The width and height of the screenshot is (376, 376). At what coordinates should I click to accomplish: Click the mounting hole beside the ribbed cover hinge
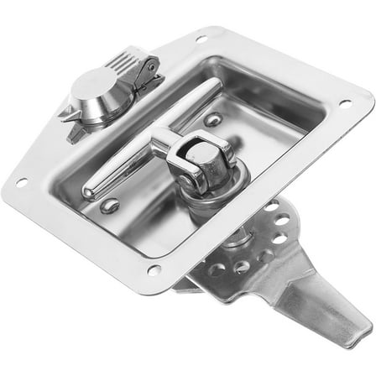(201, 39)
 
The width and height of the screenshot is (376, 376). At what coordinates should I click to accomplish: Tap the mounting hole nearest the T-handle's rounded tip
(21, 181)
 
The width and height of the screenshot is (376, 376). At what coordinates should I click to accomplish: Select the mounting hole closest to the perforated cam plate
(154, 269)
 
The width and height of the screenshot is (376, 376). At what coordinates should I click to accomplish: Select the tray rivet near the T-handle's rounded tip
(110, 205)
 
